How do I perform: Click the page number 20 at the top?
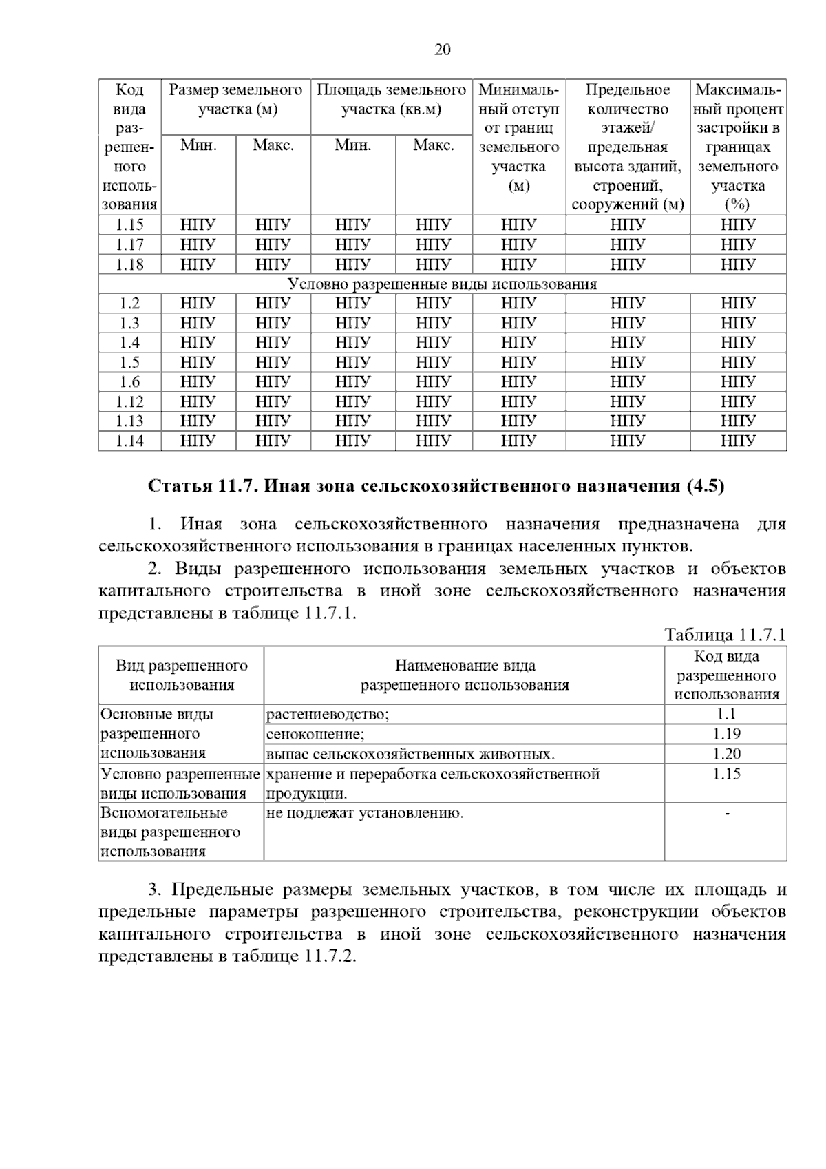[x=443, y=50]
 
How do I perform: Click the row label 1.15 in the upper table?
[x=129, y=224]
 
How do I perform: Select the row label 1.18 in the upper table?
[x=129, y=264]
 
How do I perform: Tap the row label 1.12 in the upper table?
[x=129, y=401]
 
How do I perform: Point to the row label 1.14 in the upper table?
[x=129, y=441]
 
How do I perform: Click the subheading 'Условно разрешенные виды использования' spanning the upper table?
[x=442, y=284]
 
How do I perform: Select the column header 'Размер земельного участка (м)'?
[x=235, y=100]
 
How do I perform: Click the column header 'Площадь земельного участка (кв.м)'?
[x=391, y=100]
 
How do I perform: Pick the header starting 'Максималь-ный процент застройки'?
[x=738, y=147]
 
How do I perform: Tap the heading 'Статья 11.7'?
[x=204, y=486]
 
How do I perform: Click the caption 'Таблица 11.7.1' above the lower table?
[x=724, y=635]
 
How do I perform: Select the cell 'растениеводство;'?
[x=328, y=715]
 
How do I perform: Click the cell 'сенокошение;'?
[x=315, y=735]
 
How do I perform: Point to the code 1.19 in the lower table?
[x=726, y=735]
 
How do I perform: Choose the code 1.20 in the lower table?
[x=726, y=755]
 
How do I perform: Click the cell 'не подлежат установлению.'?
[x=365, y=813]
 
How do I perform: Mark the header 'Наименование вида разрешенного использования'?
[x=465, y=675]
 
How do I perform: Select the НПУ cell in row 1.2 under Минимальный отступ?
[x=518, y=304]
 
